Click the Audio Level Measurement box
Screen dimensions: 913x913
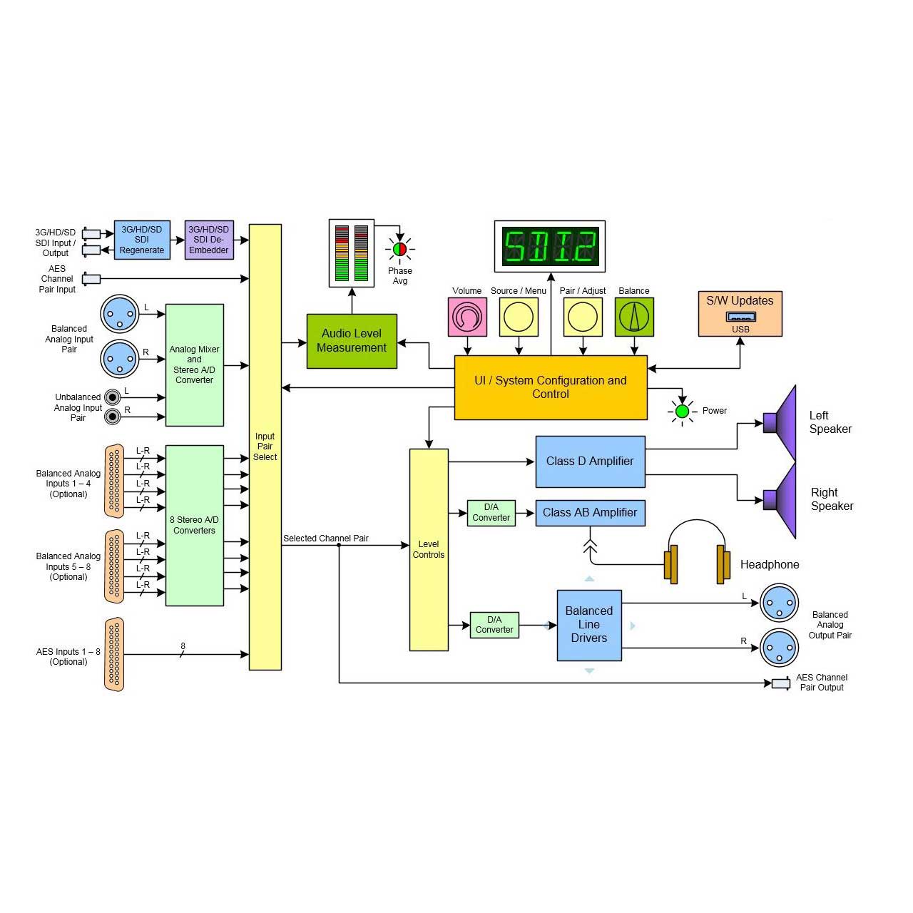[352, 341]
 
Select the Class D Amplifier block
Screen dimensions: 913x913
[590, 461]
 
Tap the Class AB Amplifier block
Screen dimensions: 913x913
[590, 513]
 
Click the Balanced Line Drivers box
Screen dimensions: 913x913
[589, 625]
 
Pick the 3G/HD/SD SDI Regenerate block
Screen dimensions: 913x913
[142, 240]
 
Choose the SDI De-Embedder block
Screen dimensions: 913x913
[209, 240]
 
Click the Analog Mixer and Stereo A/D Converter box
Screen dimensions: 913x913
[194, 365]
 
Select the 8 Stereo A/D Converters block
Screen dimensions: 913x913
[194, 526]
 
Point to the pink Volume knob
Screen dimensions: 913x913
[467, 317]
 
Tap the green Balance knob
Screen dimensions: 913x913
[634, 317]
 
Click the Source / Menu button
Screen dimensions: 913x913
[519, 317]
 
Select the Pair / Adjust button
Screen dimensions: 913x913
[583, 317]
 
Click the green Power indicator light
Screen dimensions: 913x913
[682, 411]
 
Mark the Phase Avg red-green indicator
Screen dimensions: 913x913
[399, 250]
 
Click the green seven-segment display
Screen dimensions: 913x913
[550, 246]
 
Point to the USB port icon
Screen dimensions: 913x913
[740, 317]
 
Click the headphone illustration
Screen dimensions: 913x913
[697, 553]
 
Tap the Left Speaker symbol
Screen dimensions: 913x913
[781, 422]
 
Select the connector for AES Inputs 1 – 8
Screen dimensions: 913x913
[114, 654]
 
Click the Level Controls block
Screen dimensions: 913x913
[429, 550]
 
